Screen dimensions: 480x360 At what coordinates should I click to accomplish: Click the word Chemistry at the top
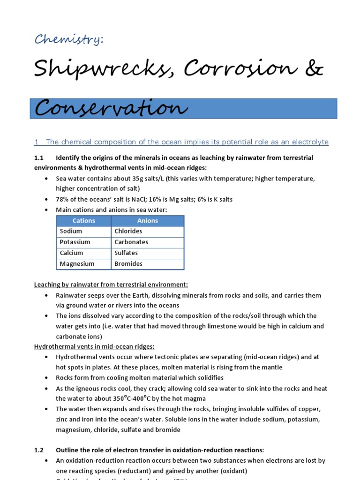[x=68, y=40]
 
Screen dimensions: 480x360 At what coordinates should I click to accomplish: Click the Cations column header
[x=84, y=221]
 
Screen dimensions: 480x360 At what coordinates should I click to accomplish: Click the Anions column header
[x=148, y=221]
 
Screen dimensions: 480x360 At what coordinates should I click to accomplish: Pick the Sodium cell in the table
[x=71, y=231]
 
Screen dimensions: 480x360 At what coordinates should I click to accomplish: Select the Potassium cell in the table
[x=75, y=242]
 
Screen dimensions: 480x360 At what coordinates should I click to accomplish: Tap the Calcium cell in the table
[x=71, y=253]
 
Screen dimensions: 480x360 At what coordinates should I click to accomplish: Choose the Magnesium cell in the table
[x=77, y=263]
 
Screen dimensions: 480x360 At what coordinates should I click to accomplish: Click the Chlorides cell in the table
[x=128, y=231]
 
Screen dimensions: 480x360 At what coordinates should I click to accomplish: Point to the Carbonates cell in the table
[x=131, y=242]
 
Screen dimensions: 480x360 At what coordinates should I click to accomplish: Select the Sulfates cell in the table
[x=126, y=253]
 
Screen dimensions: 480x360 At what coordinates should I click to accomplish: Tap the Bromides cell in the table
[x=128, y=263]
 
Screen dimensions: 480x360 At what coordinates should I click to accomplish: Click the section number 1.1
[x=38, y=158]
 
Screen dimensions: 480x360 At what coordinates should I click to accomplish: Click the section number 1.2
[x=38, y=450]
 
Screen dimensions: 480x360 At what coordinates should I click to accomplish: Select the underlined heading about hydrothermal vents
[x=94, y=346]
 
